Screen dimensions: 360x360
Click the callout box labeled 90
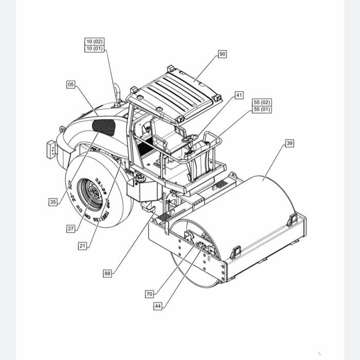click(x=222, y=54)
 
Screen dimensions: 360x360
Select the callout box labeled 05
click(x=70, y=84)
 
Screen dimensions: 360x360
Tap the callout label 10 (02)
click(x=95, y=42)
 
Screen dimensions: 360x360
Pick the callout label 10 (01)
click(x=95, y=48)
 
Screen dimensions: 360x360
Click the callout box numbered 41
click(x=239, y=95)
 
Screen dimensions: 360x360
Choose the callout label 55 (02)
click(x=262, y=102)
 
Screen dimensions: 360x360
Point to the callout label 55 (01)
click(x=262, y=109)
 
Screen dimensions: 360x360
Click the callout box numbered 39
click(x=290, y=143)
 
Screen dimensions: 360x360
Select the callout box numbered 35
click(x=53, y=202)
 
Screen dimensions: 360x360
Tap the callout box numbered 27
click(x=70, y=229)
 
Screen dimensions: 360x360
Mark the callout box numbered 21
click(x=82, y=246)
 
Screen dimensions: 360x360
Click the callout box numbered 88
click(x=107, y=274)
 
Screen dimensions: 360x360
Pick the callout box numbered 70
click(x=149, y=294)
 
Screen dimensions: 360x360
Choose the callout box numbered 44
click(x=157, y=306)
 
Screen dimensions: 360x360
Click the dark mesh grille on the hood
click(x=104, y=127)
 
